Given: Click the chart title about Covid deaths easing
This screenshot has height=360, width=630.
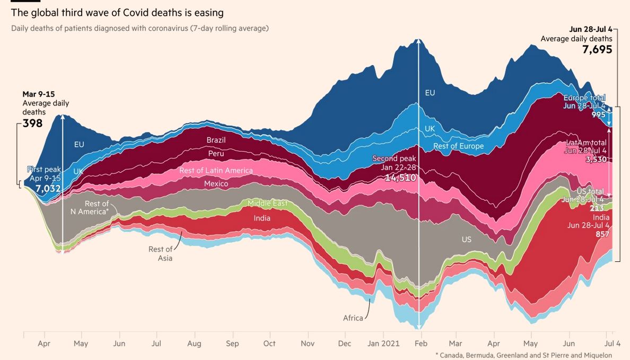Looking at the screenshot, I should click(x=117, y=13).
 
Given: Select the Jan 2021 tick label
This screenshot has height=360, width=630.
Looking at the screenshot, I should click(x=387, y=344).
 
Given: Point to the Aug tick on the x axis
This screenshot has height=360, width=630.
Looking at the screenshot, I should click(x=194, y=344).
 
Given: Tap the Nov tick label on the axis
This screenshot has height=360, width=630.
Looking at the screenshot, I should click(x=308, y=344).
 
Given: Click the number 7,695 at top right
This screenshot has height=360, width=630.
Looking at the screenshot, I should click(x=597, y=50).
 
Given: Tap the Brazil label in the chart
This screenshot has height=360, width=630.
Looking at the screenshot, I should click(x=216, y=140).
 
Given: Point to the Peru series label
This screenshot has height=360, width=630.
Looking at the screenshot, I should click(x=216, y=153).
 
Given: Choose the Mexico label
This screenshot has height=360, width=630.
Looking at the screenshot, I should click(x=216, y=184).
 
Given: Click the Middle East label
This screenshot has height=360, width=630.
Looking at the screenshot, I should click(x=268, y=203).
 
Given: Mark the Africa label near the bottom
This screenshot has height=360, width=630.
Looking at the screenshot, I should click(x=353, y=318).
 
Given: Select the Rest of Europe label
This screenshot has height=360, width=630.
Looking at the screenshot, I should click(x=459, y=146).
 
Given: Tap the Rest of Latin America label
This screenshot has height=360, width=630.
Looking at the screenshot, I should click(x=216, y=171).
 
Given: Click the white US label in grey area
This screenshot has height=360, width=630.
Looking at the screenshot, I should click(x=467, y=240).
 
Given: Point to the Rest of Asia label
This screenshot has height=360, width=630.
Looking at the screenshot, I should click(x=160, y=253).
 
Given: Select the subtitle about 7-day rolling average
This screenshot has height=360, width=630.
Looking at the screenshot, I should click(x=140, y=28).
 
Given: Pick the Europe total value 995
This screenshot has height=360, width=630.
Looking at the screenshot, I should click(x=599, y=115).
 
